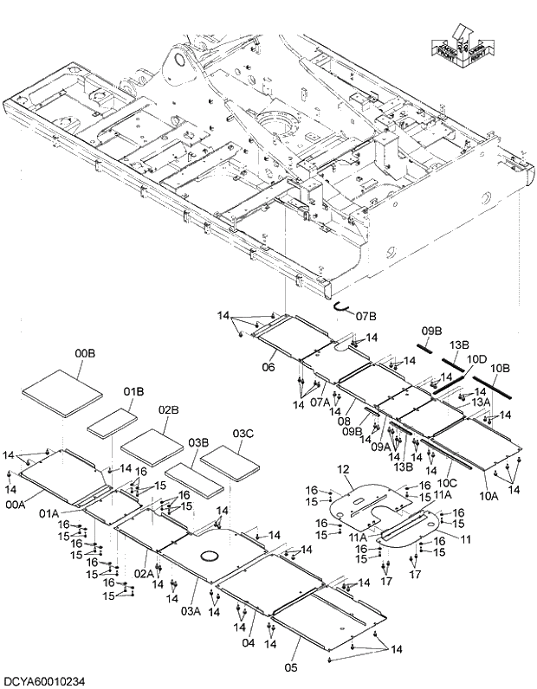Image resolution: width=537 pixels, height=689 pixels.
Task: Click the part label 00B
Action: click(84, 353)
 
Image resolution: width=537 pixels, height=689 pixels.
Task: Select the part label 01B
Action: click(133, 391)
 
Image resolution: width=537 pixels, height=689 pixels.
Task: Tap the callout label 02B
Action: click(168, 409)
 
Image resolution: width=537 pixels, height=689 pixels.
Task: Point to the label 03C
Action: click(243, 433)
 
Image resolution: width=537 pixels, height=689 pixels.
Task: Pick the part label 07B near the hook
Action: click(366, 315)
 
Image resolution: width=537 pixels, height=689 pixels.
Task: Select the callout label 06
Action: click(268, 367)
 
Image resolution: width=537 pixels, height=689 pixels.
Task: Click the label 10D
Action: click(476, 358)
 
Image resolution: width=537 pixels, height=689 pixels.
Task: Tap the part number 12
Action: click(343, 469)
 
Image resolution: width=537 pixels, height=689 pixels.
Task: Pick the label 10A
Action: click(488, 497)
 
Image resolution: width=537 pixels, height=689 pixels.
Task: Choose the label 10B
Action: click(501, 367)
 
